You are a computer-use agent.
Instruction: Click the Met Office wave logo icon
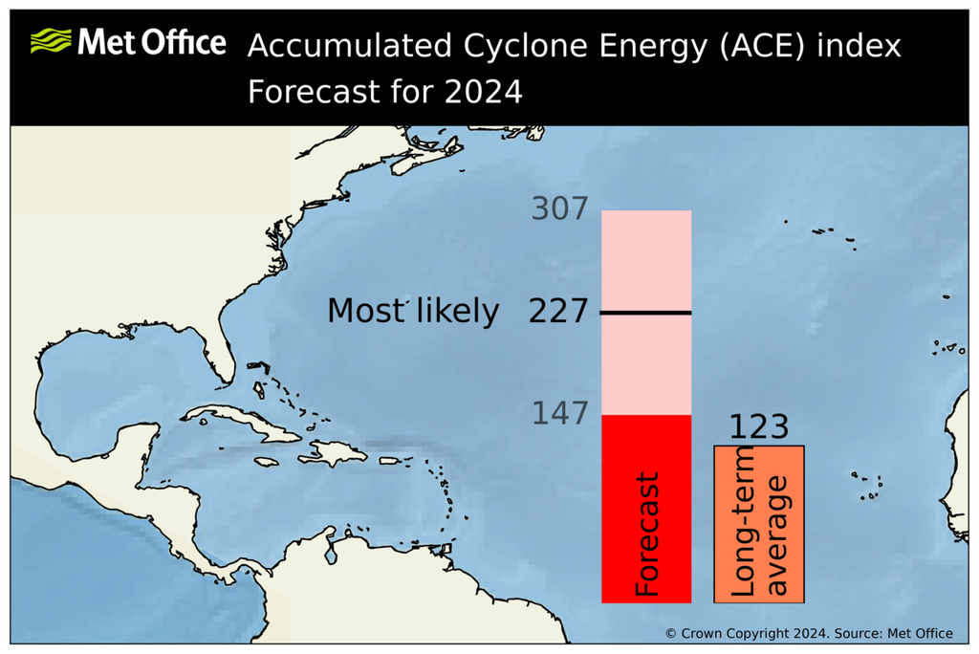tap(50, 42)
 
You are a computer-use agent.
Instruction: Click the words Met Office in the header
tap(152, 43)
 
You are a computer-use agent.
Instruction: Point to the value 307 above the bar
tap(559, 208)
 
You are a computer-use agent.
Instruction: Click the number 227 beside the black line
tap(558, 312)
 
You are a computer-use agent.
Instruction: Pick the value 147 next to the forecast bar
tap(559, 414)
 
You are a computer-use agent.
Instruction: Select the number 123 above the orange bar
tap(759, 427)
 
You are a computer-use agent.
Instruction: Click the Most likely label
tap(413, 312)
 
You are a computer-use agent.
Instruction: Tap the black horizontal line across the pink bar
tap(646, 313)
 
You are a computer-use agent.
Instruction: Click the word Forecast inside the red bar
tap(647, 534)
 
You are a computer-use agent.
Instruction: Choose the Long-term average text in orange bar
tap(760, 524)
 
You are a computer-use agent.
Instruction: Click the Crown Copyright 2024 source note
tap(809, 633)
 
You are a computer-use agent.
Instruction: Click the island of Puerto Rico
tap(393, 461)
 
